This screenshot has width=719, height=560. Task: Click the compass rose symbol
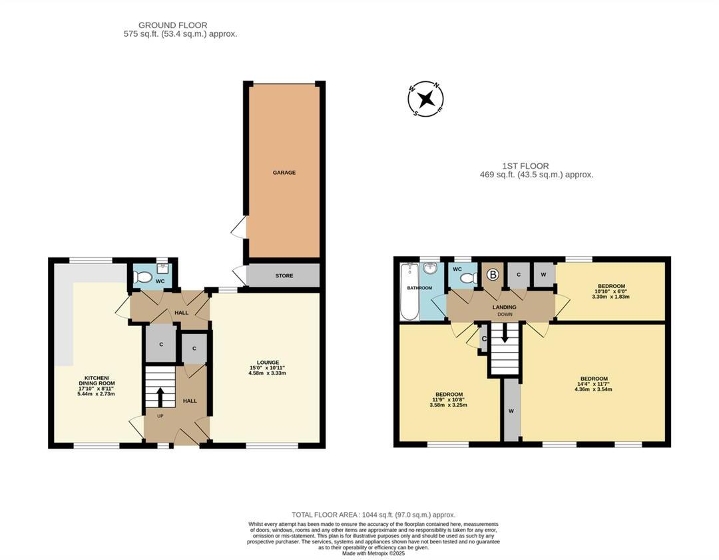tap(425, 99)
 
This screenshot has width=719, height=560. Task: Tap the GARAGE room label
tap(284, 173)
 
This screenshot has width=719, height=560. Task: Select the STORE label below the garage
tap(284, 276)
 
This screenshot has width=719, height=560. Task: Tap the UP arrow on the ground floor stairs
tap(160, 397)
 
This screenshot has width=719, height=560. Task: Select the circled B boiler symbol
tap(493, 274)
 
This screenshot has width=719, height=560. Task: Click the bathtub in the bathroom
tap(407, 291)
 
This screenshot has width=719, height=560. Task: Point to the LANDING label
tap(505, 307)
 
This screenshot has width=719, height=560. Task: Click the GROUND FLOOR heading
tap(165, 25)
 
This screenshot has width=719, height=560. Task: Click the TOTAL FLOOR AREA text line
tap(373, 515)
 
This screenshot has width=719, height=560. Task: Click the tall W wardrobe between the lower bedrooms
tap(511, 411)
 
